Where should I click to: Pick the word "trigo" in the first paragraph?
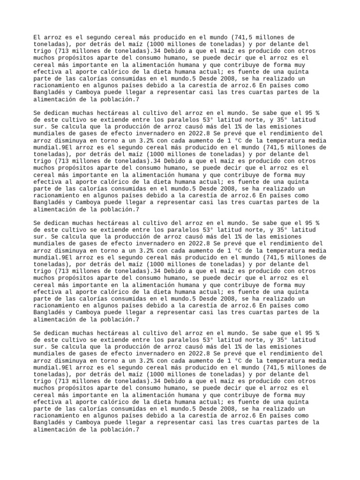tap(42, 51)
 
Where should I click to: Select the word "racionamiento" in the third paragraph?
tap(57, 305)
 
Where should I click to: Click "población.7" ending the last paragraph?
tap(116, 430)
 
